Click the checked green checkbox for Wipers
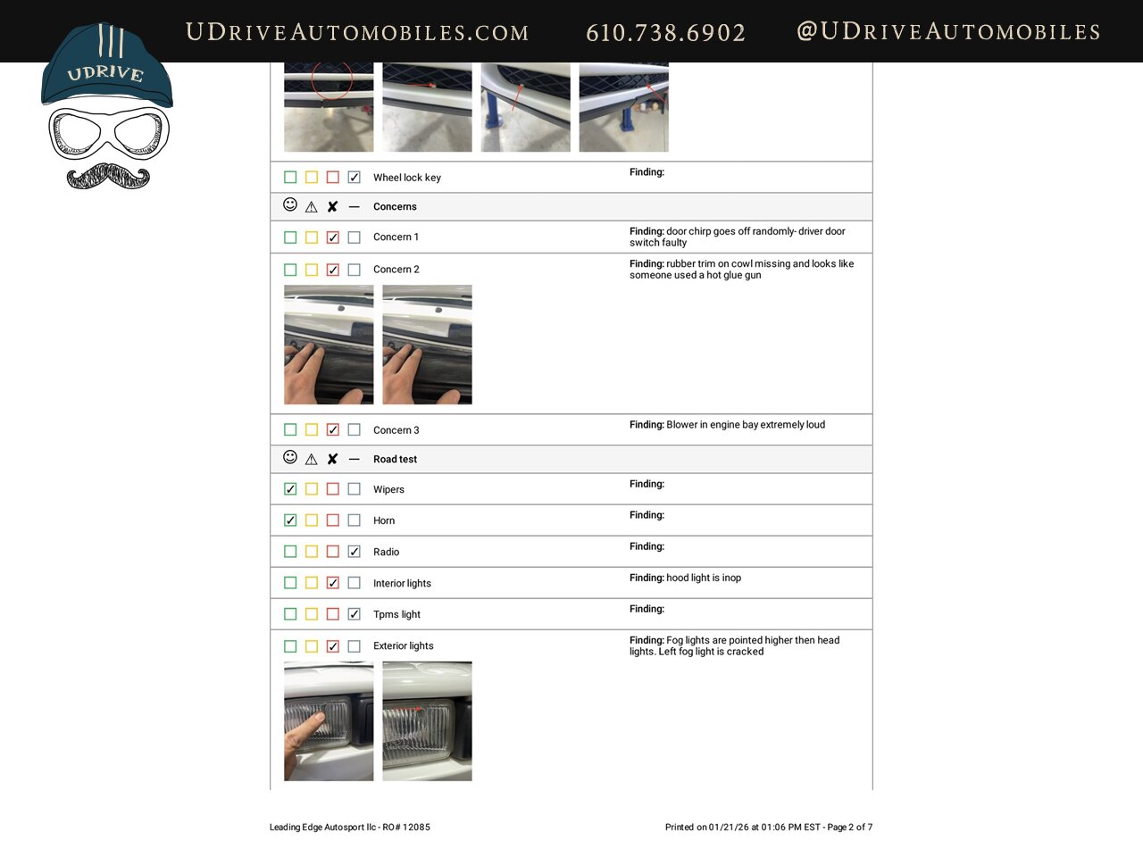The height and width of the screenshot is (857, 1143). point(290,489)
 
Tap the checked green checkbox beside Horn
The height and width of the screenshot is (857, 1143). point(290,520)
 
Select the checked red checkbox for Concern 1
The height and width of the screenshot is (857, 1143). point(333,237)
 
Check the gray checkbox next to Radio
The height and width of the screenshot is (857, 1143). point(355,552)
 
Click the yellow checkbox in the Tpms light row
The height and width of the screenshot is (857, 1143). point(312,614)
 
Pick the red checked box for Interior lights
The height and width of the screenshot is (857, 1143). point(333,583)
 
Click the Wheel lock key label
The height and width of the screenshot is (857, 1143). point(406,178)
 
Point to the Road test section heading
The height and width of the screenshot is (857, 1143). point(395,459)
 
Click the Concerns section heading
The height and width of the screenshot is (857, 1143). point(395,206)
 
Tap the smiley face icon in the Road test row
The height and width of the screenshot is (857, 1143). point(290,457)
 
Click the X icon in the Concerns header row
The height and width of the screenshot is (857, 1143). point(332,207)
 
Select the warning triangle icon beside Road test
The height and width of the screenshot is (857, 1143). point(311,460)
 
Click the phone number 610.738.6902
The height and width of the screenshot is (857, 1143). point(665,33)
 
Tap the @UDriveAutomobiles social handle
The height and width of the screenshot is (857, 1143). point(948,31)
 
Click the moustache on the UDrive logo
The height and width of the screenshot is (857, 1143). point(108,176)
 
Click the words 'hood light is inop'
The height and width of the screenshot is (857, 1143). point(704,578)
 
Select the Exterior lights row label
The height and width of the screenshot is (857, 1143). point(403,645)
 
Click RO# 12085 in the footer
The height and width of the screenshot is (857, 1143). point(406,828)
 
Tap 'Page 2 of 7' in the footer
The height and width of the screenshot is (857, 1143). point(849,828)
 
